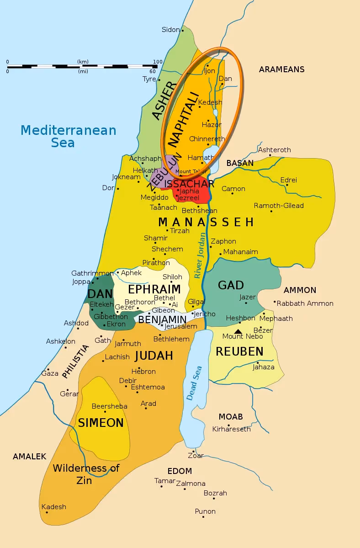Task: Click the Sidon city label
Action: click(171, 30)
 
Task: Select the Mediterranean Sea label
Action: click(68, 136)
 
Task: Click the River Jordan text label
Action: click(200, 256)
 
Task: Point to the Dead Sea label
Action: click(194, 383)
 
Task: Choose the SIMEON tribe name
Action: click(101, 423)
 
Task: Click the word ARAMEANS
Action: click(281, 69)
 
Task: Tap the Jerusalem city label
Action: click(180, 326)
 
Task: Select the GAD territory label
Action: click(231, 285)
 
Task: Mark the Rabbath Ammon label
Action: click(305, 303)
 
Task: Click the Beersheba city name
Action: click(109, 406)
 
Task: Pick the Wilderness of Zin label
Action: click(86, 474)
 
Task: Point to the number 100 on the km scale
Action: click(158, 62)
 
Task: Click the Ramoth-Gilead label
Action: click(279, 206)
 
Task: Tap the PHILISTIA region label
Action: click(75, 361)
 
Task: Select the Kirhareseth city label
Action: click(232, 429)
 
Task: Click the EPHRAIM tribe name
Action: click(154, 289)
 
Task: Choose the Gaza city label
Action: click(50, 373)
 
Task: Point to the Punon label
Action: click(205, 511)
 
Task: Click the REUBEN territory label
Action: click(239, 351)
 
